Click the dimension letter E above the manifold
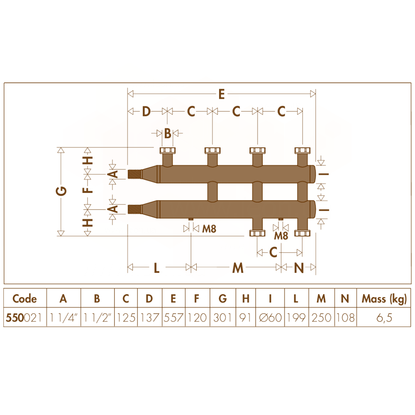[x=222, y=94]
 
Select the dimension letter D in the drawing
[x=146, y=111]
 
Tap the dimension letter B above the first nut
[x=168, y=133]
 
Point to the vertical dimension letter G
[x=61, y=191]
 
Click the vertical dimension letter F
[x=88, y=190]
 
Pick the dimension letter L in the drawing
[x=157, y=268]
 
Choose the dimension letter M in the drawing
[x=238, y=268]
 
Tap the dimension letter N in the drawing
[x=299, y=268]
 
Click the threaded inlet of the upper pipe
[x=135, y=174]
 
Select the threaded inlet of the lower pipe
[x=135, y=209]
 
